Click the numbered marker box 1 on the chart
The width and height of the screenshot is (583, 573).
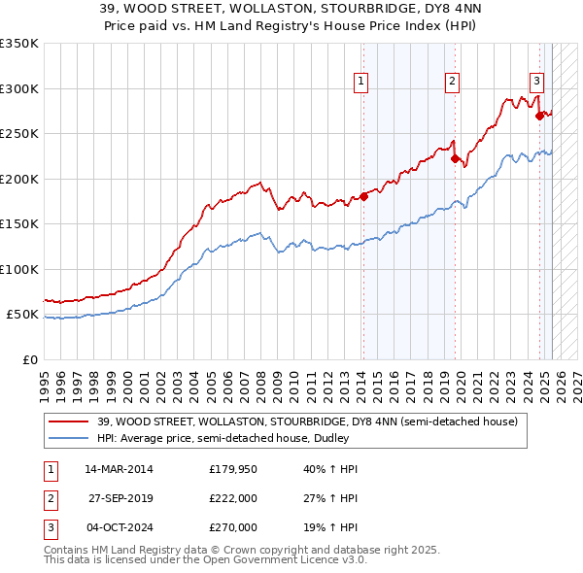[360, 82]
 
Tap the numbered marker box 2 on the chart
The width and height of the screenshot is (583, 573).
[453, 82]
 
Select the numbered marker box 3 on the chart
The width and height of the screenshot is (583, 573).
[536, 82]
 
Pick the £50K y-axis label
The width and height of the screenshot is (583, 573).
[23, 315]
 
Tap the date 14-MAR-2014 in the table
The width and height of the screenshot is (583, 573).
[119, 469]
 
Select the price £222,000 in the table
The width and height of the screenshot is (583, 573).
[233, 498]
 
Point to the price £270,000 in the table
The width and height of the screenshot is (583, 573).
[233, 527]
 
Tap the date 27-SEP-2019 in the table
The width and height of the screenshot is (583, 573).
[119, 498]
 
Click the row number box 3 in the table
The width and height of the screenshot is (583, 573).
[50, 527]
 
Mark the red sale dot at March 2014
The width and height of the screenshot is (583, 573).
[363, 196]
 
